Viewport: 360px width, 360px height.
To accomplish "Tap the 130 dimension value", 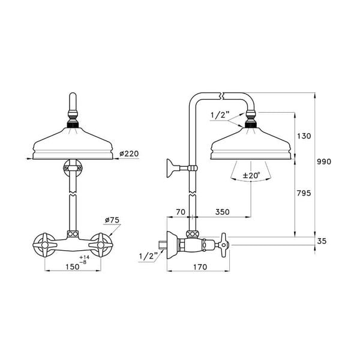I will pyautogui.click(x=305, y=136).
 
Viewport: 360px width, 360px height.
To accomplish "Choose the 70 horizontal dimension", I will pyautogui.click(x=179, y=212).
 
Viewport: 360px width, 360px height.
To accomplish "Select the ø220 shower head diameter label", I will pyautogui.click(x=129, y=154).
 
